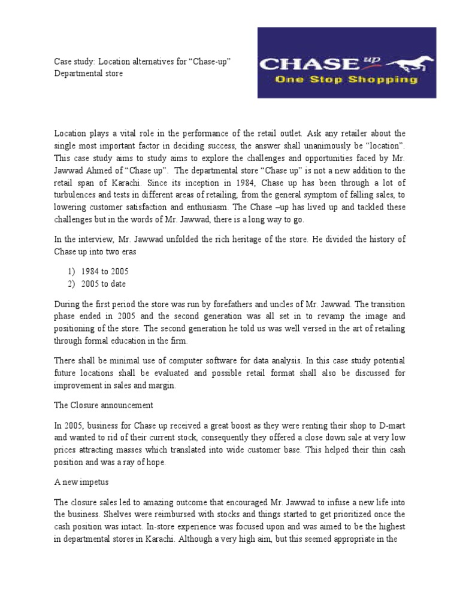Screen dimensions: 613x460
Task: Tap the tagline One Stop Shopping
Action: pos(346,80)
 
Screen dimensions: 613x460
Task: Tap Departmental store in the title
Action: pos(88,74)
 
